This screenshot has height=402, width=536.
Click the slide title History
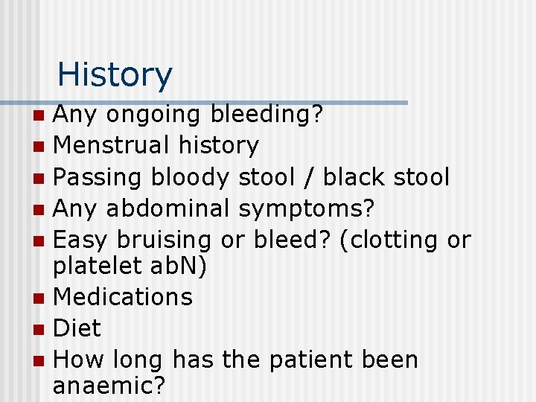coord(115,74)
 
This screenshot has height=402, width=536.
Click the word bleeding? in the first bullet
coord(267,115)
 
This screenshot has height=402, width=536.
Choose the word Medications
coord(124,297)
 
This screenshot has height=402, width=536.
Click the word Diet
coord(77,328)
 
